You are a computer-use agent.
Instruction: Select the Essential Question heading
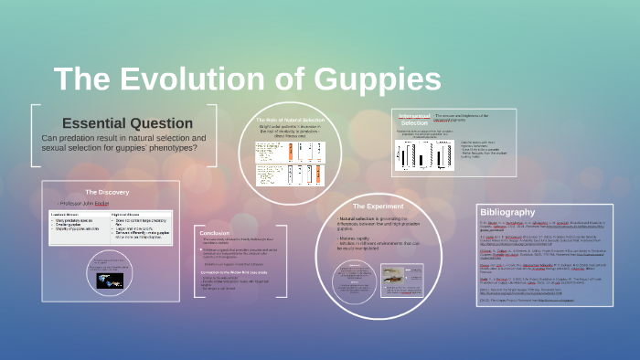(127, 123)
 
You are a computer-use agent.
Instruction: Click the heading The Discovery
(107, 192)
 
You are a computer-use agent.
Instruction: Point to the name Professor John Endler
(83, 203)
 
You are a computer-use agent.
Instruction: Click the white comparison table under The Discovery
(108, 228)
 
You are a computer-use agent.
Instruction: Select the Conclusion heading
(215, 233)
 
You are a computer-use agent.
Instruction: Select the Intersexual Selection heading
(413, 119)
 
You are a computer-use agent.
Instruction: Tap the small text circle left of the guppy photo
(351, 277)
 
